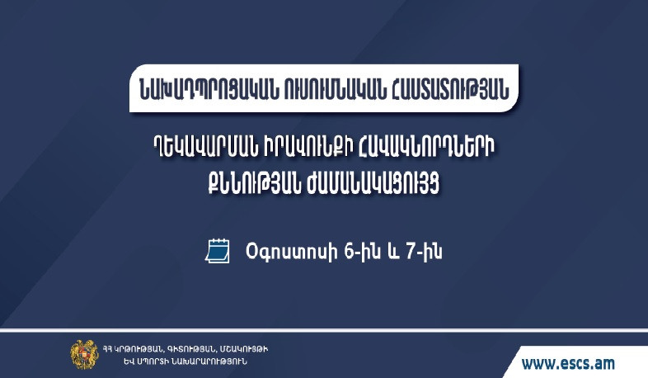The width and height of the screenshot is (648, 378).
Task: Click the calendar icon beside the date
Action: pos(216,250)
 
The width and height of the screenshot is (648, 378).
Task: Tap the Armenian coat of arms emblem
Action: pos(83,353)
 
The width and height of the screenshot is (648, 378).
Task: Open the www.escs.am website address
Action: pos(568,361)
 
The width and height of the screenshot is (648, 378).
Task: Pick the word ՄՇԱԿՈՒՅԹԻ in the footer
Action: pos(243,348)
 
